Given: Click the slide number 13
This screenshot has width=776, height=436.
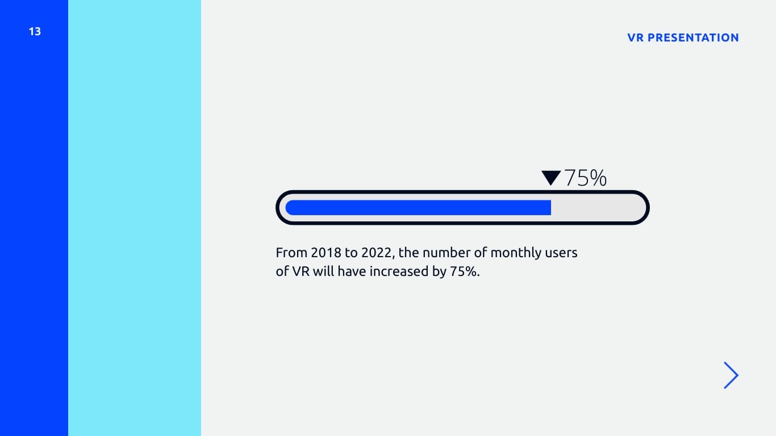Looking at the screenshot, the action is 35,32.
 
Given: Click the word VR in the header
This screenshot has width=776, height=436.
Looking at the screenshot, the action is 635,37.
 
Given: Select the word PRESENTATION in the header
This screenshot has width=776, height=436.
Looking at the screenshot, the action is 693,37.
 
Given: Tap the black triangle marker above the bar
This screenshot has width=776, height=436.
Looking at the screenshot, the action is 551,178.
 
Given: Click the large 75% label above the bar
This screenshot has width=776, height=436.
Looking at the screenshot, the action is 586,178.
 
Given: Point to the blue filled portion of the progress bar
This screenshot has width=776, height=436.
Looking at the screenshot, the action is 418,207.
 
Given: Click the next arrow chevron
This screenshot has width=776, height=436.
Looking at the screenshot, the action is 731,375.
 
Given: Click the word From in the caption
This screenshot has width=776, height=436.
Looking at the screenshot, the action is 291,253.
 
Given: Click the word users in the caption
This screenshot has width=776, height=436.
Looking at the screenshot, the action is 561,253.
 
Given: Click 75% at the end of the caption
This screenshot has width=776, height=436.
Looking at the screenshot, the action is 465,271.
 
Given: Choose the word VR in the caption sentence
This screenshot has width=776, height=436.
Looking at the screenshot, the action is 301,271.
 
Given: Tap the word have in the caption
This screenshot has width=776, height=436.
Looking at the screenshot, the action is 352,271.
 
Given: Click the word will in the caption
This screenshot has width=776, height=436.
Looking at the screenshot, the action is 324,271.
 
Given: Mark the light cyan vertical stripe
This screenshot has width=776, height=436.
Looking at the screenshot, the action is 135,218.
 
